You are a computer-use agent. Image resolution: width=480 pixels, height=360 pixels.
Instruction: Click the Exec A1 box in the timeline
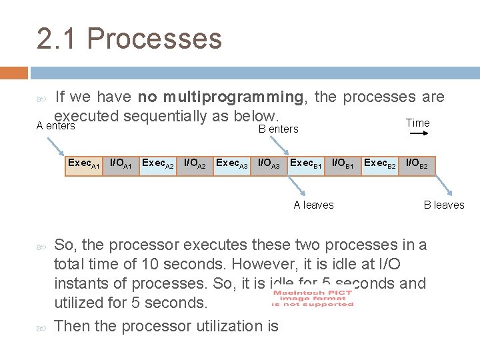83,164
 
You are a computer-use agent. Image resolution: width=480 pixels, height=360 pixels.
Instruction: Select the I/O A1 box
121,164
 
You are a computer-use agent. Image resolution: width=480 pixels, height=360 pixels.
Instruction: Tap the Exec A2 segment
158,164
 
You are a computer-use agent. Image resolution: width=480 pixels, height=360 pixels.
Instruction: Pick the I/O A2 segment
195,164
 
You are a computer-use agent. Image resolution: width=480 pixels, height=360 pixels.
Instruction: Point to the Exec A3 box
232,164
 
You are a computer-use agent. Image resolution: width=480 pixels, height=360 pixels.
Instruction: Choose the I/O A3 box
269,164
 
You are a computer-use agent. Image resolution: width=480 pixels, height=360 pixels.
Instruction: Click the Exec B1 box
306,164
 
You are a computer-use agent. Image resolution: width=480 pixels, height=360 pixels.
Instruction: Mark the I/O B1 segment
343,164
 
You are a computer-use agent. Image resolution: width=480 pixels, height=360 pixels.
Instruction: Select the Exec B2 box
380,164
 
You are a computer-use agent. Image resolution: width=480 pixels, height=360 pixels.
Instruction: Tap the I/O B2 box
417,164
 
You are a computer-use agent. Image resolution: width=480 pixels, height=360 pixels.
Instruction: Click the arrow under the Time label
419,134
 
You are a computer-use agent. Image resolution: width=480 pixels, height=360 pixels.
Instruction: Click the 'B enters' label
278,129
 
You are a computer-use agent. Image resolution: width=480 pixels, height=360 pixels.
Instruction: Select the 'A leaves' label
313,205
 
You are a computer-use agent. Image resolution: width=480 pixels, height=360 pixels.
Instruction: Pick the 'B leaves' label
444,205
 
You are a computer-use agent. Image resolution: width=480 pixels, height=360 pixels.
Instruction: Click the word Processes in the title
154,39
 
